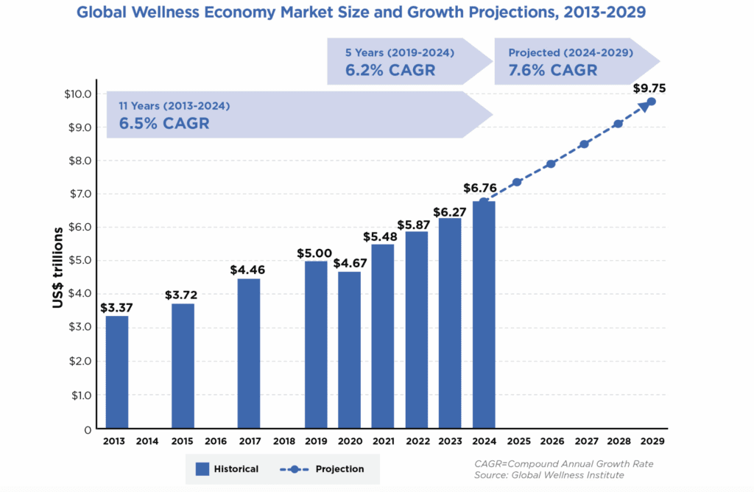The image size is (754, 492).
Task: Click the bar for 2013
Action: click(x=116, y=372)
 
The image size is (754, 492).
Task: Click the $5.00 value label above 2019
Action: click(x=316, y=253)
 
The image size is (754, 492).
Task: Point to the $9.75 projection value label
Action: click(x=648, y=88)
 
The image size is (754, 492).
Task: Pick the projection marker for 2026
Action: click(x=551, y=164)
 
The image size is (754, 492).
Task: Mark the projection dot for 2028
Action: click(x=618, y=124)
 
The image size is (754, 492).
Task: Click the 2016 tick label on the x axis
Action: click(x=216, y=442)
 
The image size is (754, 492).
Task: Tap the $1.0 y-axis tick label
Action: click(x=80, y=395)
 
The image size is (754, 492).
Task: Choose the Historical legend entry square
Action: click(x=204, y=468)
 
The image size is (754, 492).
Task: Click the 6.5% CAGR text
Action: click(x=163, y=123)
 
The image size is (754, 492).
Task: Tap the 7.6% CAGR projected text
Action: click(x=552, y=71)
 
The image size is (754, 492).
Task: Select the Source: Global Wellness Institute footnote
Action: click(x=549, y=476)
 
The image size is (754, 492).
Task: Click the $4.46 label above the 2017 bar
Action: click(x=249, y=270)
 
